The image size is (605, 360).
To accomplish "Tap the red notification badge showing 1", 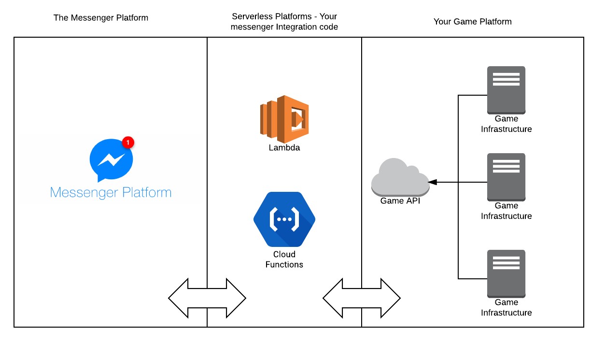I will (127, 143).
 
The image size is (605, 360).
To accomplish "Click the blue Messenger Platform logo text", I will (111, 192).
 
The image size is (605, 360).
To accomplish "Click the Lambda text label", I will (284, 148).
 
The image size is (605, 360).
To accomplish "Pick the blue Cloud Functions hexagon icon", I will (284, 219).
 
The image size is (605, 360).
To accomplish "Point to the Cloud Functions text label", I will (284, 259).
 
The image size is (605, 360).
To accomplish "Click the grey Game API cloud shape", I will (400, 177).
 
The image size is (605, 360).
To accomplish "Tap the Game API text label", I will (400, 201).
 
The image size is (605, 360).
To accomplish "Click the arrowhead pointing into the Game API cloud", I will (433, 182).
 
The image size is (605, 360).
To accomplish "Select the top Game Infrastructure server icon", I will (506, 89).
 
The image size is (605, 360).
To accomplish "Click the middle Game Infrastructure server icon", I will (506, 176).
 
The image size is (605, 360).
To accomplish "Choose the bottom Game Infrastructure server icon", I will (506, 273).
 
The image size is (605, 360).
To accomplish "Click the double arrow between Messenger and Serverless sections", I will (207, 298).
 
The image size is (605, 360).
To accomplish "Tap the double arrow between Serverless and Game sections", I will (362, 298).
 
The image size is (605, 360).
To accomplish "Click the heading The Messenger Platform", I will (101, 18).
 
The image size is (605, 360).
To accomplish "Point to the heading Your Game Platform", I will (472, 22).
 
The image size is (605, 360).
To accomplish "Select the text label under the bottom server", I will (506, 307).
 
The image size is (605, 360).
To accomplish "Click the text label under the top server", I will (506, 124).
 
